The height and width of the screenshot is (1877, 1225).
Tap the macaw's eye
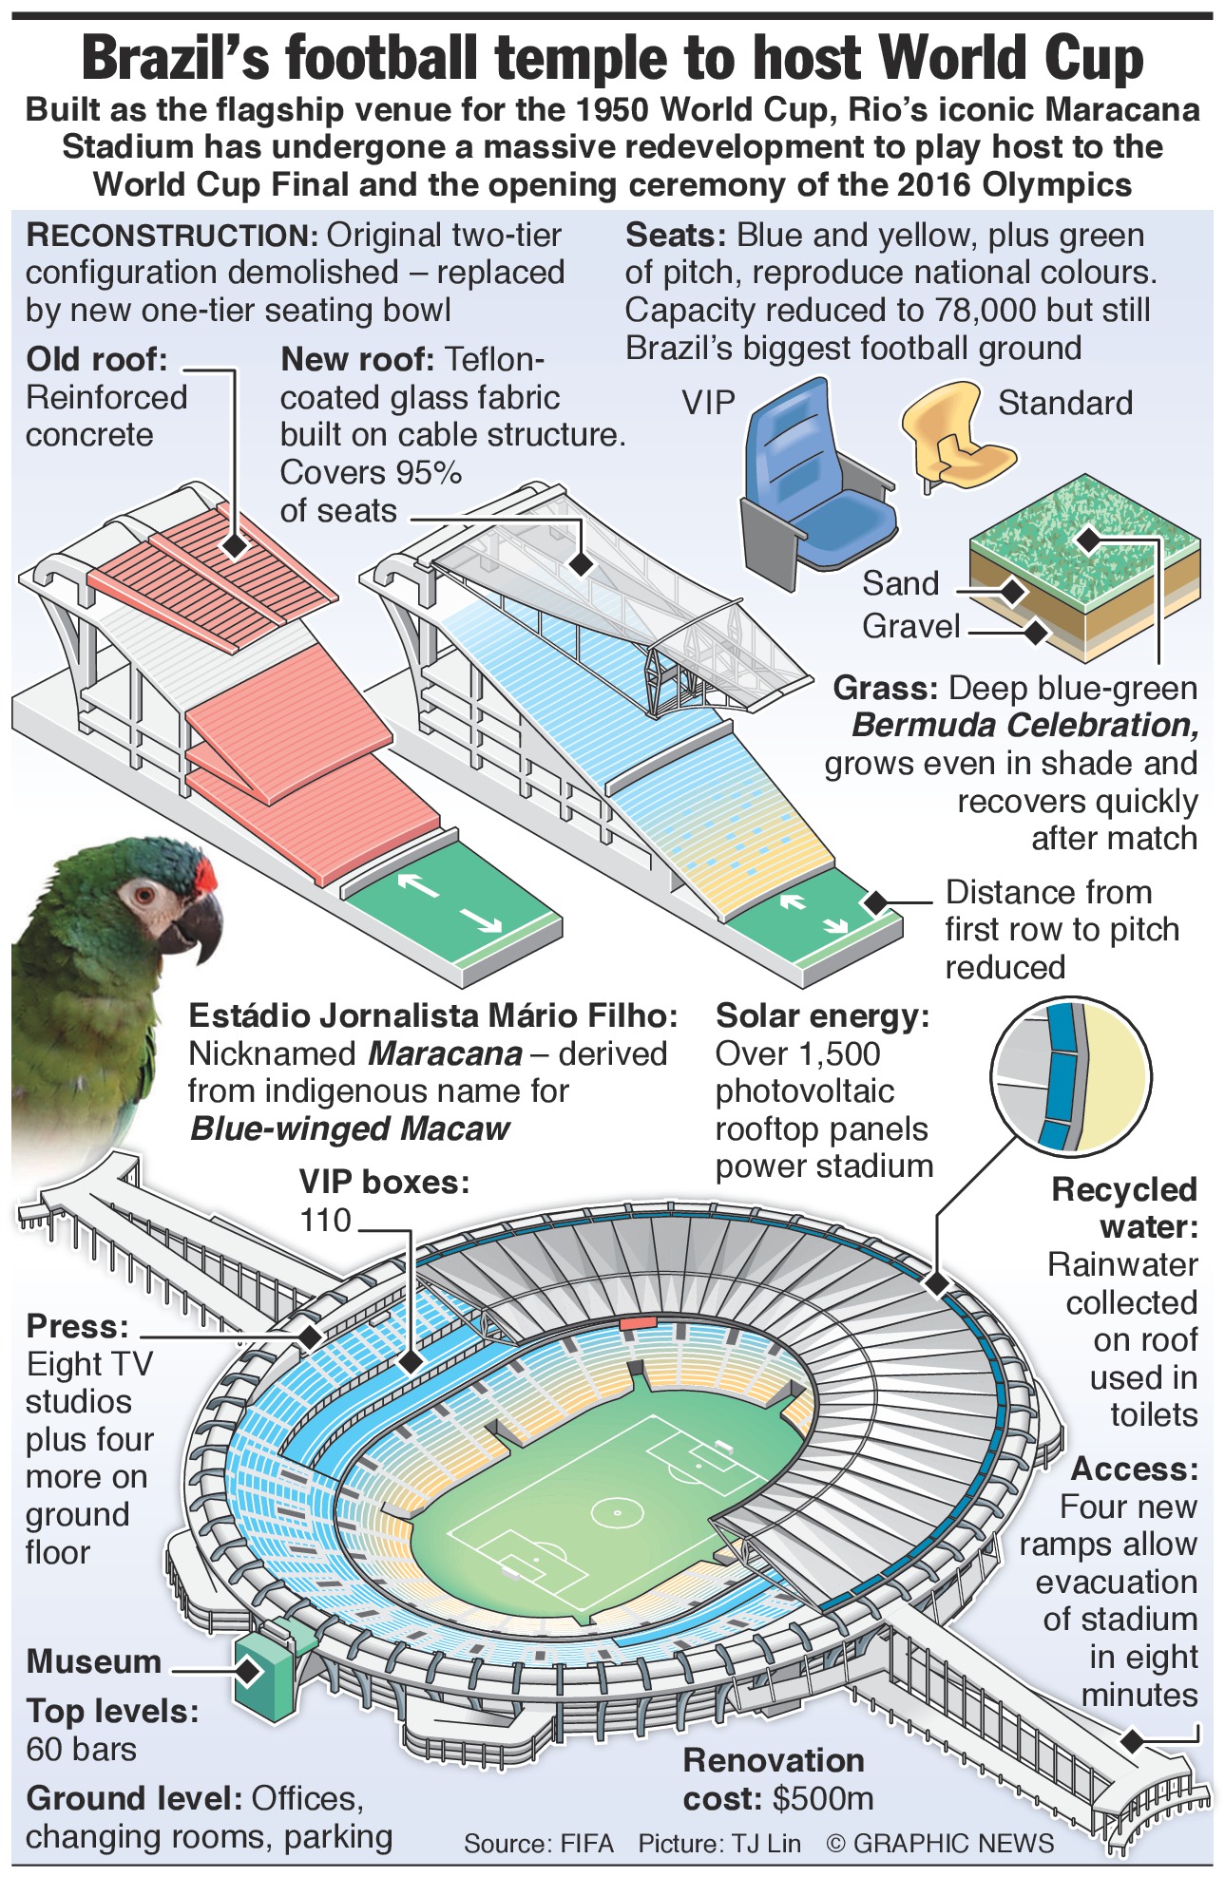pyautogui.click(x=144, y=894)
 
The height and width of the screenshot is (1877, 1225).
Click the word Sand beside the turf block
pyautogui.click(x=900, y=583)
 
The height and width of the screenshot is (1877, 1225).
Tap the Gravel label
pyautogui.click(x=910, y=627)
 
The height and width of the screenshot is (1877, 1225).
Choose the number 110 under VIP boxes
pyautogui.click(x=325, y=1221)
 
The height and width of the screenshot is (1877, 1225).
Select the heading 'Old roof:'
pyautogui.click(x=97, y=359)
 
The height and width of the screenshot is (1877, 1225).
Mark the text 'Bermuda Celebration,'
pyautogui.click(x=1024, y=726)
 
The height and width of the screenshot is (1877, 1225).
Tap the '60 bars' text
pyautogui.click(x=82, y=1749)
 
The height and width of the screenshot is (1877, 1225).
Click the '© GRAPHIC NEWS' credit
pyautogui.click(x=940, y=1844)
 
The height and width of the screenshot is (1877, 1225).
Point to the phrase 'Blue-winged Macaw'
pyautogui.click(x=350, y=1128)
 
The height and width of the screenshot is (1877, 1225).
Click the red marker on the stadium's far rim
pyautogui.click(x=637, y=1321)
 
